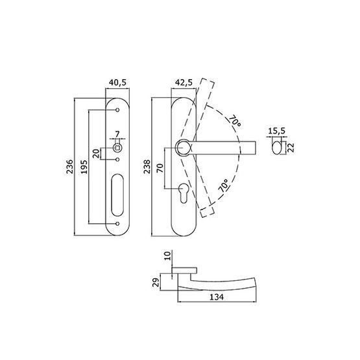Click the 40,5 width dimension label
click(x=117, y=82)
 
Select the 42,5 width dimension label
click(x=184, y=82)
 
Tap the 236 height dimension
click(x=69, y=167)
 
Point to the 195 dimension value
click(x=84, y=167)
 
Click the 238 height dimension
click(x=147, y=167)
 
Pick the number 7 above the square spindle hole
click(x=117, y=134)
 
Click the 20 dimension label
click(x=96, y=154)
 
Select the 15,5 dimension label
click(x=276, y=131)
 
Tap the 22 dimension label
click(x=291, y=147)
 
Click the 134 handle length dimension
click(x=217, y=297)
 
